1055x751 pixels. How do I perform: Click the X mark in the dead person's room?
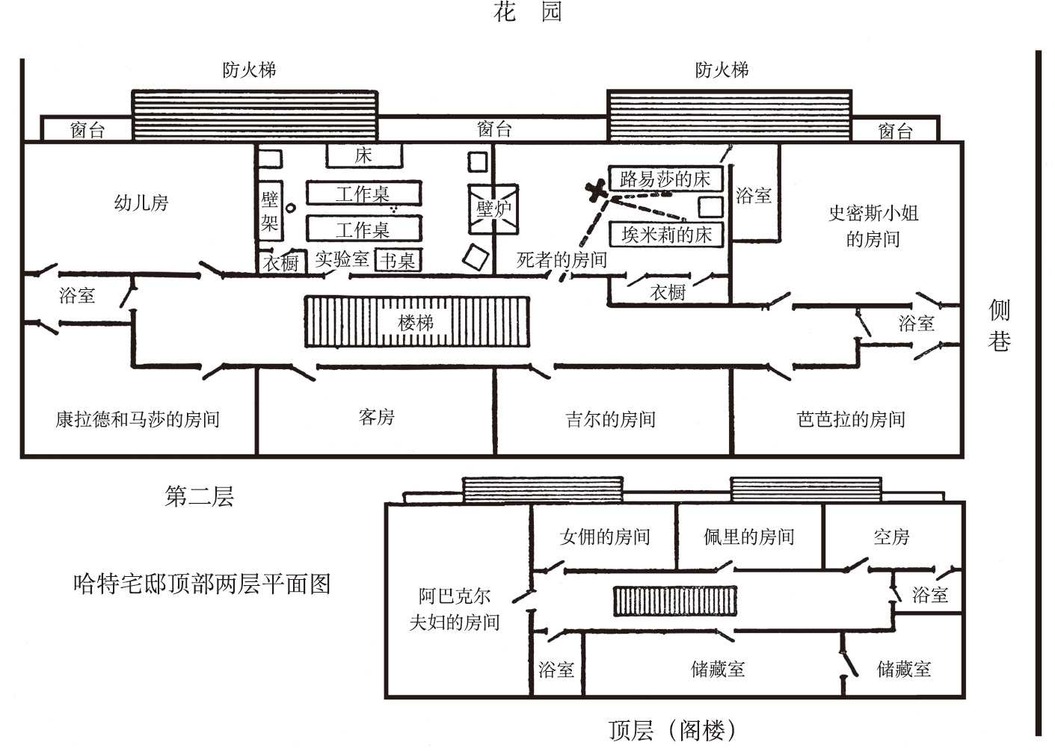597,191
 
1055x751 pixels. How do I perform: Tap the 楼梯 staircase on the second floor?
416,322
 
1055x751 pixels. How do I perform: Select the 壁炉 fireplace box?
493,208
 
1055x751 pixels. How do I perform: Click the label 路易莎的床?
665,179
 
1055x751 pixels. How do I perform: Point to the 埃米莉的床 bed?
666,235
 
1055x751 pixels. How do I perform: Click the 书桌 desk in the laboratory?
398,260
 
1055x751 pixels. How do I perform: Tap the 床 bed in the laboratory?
363,155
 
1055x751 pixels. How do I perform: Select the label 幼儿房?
141,203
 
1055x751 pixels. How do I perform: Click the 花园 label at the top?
527,13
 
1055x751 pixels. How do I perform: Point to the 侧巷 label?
1000,326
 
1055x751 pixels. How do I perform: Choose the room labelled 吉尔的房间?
611,419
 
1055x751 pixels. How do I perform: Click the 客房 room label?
376,417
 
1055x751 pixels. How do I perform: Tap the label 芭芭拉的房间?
851,419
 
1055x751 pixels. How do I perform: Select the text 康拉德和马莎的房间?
138,419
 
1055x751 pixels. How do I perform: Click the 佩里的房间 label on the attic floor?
748,537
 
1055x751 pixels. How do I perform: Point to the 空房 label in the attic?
891,537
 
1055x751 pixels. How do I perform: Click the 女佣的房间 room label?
605,537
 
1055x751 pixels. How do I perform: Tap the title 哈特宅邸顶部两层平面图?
202,584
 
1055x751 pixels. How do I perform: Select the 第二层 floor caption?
199,496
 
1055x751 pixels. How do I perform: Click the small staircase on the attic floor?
674,601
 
